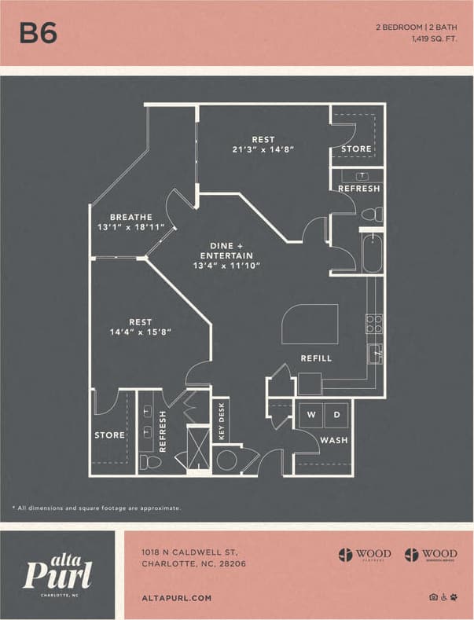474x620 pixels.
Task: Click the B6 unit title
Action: (x=39, y=33)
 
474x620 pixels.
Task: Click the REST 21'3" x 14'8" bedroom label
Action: (x=263, y=145)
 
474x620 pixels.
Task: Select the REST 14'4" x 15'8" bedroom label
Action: (x=140, y=327)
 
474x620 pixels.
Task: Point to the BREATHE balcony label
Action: (x=130, y=222)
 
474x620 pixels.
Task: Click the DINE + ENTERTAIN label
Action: (x=226, y=255)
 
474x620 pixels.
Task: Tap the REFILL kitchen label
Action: (x=316, y=358)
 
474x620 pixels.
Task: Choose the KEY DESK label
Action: (x=222, y=422)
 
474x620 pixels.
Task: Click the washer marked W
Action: (x=311, y=414)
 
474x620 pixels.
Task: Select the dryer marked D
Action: (x=336, y=414)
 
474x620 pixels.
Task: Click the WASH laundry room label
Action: (x=333, y=440)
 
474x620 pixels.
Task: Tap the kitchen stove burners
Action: (x=374, y=323)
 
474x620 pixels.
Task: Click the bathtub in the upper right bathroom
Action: (x=372, y=253)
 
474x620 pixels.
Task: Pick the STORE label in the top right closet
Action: (x=356, y=149)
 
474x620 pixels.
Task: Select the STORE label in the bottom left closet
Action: (x=109, y=435)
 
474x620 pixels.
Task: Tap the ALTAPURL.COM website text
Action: (x=177, y=598)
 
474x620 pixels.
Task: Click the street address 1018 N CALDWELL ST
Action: (x=189, y=552)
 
